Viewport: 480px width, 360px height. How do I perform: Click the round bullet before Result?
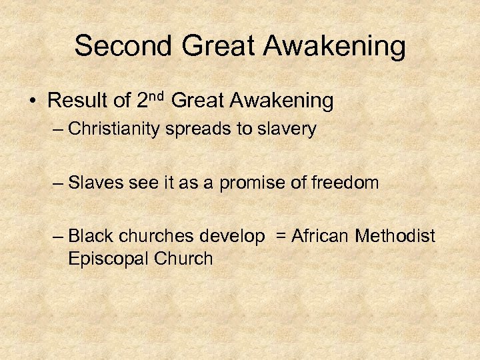click(x=33, y=102)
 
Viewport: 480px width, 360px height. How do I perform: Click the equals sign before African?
click(x=279, y=236)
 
